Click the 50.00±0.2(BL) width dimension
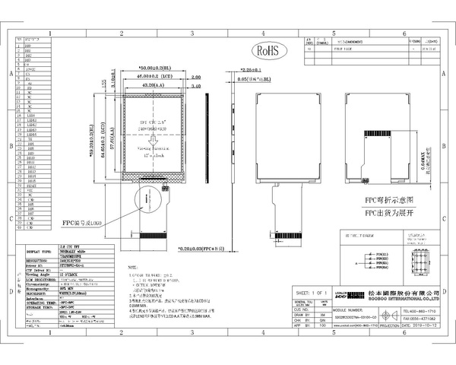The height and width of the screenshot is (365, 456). pos(157,68)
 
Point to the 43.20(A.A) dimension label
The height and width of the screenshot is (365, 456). pos(156,87)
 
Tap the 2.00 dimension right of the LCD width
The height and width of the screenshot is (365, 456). pos(195,77)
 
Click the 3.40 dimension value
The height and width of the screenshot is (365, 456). pos(196,87)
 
